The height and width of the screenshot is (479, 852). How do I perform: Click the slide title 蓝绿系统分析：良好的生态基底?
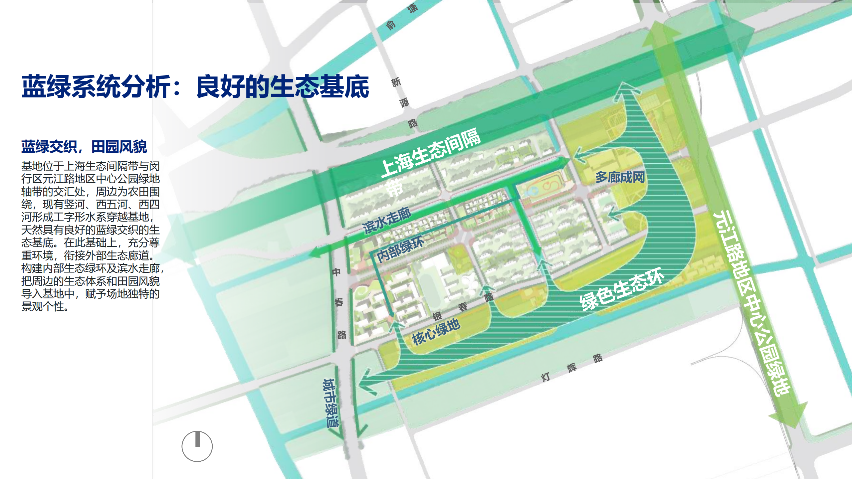195,86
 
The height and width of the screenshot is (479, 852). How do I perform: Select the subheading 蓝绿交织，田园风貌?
84,147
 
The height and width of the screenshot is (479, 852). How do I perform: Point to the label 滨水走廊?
386,220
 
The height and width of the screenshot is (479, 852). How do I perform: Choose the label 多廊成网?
620,177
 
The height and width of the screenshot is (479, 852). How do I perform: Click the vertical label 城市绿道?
330,402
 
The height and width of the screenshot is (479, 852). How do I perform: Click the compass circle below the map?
197,446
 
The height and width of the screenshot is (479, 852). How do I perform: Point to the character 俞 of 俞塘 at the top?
391,25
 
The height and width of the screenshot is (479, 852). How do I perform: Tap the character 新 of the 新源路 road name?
396,82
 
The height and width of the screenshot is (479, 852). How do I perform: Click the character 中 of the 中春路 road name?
336,272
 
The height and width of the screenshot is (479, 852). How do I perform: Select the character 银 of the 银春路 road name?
437,316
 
